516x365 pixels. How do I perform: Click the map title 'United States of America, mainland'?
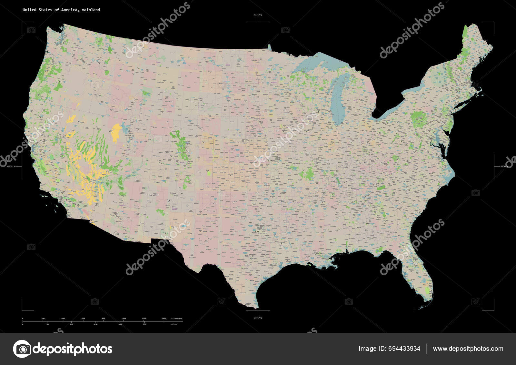click(61, 10)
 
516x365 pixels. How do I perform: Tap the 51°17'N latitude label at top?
click(258, 15)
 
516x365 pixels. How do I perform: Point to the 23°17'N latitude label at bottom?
click(258, 318)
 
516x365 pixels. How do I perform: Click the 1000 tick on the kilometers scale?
click(124, 319)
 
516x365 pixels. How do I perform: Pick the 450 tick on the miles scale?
click(95, 324)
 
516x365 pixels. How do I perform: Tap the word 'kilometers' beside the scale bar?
click(177, 319)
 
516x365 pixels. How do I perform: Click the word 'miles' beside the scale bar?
click(174, 324)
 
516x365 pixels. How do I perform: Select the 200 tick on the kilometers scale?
click(43, 319)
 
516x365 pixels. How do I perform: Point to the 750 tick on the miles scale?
click(144, 324)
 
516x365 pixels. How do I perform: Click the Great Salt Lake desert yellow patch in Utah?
click(116, 132)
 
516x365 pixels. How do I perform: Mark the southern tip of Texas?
click(255, 307)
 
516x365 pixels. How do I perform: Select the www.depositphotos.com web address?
click(468, 349)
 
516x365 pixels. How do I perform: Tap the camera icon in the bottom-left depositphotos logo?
click(22, 349)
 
